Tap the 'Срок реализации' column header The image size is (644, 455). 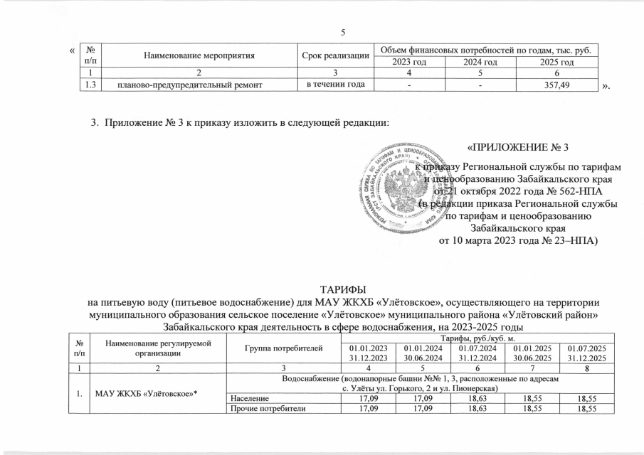[334, 54]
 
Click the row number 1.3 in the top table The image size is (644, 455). [88, 87]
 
